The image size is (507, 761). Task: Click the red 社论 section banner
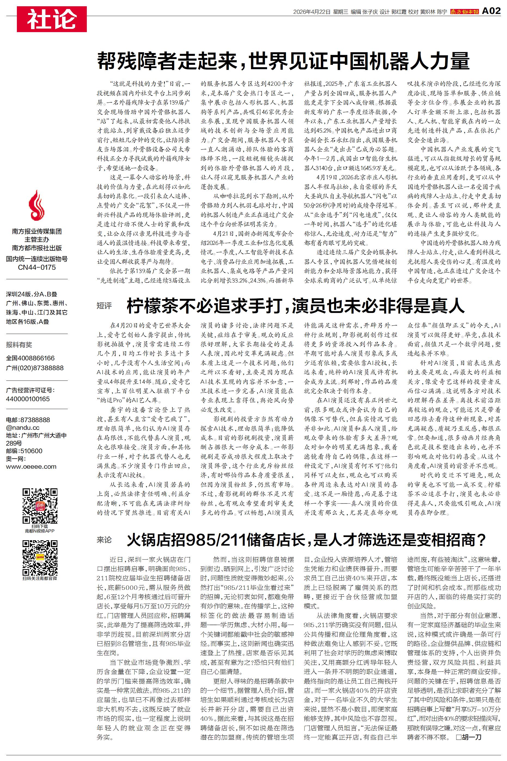coord(52,19)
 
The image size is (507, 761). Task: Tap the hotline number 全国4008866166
coord(30,358)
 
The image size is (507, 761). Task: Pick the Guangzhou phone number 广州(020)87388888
coord(35,368)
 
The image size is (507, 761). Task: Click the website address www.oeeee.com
coord(31,467)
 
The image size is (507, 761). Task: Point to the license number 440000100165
coord(28,399)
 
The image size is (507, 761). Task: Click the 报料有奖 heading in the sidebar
coord(19,345)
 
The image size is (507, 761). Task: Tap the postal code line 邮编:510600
coord(24,451)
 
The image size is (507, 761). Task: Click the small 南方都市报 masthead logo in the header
coord(464,12)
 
